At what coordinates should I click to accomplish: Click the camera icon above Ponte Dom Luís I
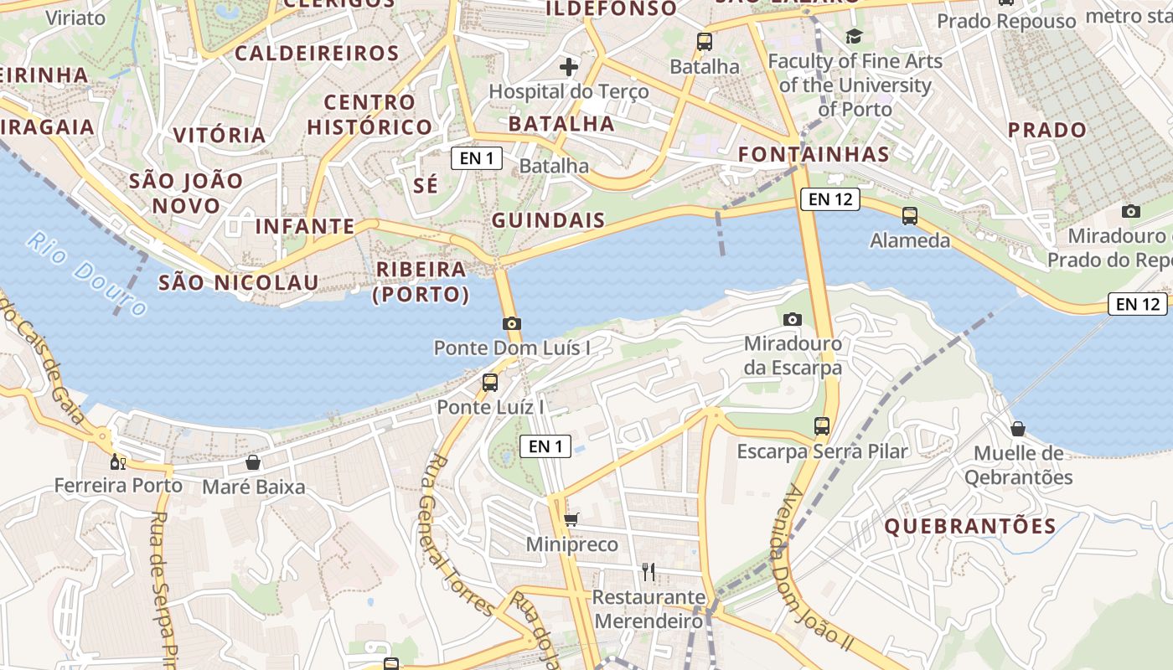[512, 323]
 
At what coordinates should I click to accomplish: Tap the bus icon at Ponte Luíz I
[490, 383]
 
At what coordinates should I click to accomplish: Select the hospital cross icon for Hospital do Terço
[569, 67]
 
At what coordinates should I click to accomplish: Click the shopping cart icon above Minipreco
[571, 520]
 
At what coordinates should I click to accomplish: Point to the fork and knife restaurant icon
[648, 572]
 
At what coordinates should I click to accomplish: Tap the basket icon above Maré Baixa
[253, 462]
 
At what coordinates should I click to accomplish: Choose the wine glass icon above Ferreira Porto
[118, 461]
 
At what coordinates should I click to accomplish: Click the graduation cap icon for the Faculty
[854, 36]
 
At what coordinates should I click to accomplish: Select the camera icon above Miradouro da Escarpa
[792, 319]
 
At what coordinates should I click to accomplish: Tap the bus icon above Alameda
[910, 216]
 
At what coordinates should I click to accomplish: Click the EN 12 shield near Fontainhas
[830, 199]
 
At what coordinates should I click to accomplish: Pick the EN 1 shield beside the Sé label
[477, 157]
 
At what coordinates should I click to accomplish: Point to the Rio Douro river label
[86, 274]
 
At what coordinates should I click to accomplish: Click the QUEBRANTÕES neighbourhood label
[970, 526]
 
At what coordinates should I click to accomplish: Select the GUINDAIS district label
[548, 220]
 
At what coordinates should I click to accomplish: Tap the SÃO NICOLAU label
[239, 282]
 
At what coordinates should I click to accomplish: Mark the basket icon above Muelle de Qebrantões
[1018, 429]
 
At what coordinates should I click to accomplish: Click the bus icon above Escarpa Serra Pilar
[822, 425]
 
